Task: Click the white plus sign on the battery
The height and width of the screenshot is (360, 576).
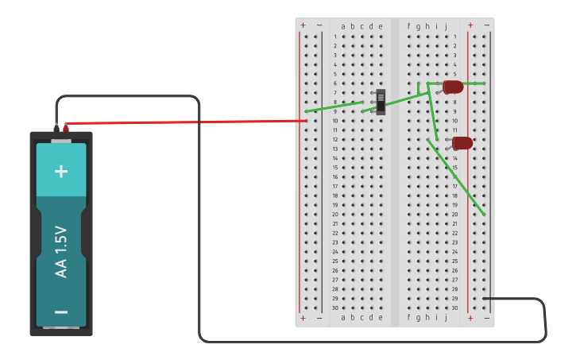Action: [61, 171]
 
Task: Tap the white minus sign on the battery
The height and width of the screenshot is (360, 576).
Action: [61, 312]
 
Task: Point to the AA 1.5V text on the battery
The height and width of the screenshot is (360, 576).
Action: [61, 252]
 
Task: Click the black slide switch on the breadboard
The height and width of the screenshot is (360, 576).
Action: [381, 102]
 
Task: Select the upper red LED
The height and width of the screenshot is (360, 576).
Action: [453, 87]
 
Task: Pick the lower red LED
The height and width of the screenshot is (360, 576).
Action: [462, 143]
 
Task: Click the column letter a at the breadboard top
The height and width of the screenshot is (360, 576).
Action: [343, 26]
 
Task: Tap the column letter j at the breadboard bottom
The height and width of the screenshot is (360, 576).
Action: [446, 317]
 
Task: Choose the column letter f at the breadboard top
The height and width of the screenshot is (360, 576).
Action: [409, 26]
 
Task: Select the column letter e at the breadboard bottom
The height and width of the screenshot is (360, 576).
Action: [380, 317]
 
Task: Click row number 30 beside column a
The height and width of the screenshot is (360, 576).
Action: [335, 308]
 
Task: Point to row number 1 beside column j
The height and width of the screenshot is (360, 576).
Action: [455, 37]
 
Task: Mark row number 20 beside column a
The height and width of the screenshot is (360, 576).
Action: [335, 215]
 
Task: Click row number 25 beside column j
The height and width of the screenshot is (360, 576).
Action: [455, 261]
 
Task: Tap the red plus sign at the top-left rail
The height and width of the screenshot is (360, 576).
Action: [303, 25]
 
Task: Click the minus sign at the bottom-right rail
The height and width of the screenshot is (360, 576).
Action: [487, 318]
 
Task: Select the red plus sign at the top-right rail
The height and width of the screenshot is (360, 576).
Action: [470, 25]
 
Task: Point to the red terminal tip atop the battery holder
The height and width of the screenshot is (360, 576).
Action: [66, 126]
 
